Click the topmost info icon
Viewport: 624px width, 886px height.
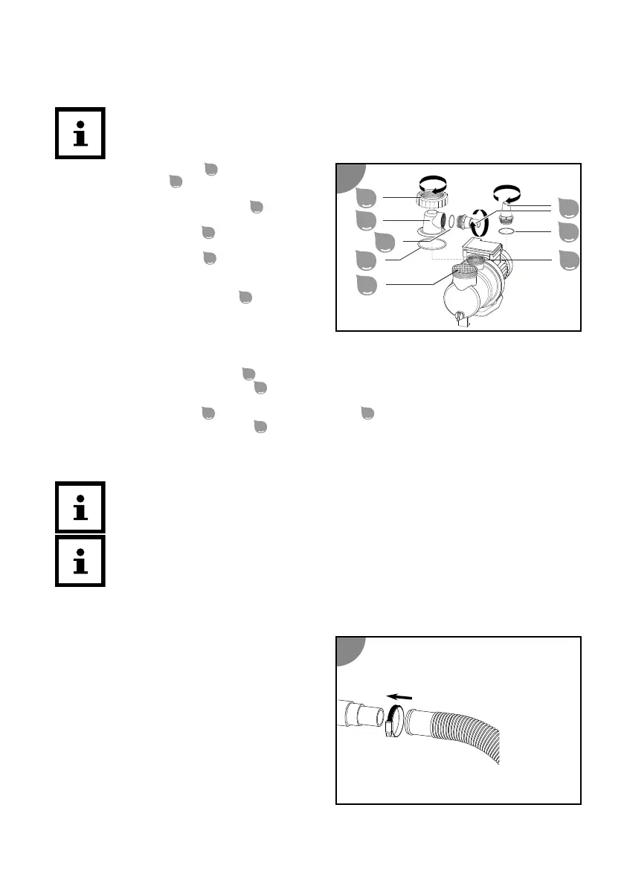pyautogui.click(x=80, y=133)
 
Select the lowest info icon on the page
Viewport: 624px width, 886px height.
pyautogui.click(x=80, y=561)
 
